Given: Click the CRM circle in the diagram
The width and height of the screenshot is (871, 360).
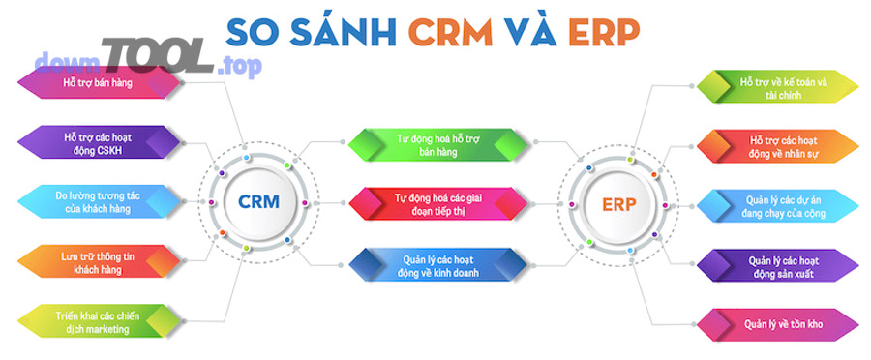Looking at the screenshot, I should (x=258, y=202).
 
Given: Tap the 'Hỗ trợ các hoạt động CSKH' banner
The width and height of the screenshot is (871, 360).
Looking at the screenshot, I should (x=98, y=143).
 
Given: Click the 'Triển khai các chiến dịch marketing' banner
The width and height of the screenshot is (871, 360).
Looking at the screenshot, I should (x=98, y=320).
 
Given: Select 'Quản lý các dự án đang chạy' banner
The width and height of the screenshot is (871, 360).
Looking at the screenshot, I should (x=778, y=205).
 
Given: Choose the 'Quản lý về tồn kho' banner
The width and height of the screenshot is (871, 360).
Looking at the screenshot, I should (x=778, y=323).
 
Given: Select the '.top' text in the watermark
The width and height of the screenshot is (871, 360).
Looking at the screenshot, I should (x=236, y=66).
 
